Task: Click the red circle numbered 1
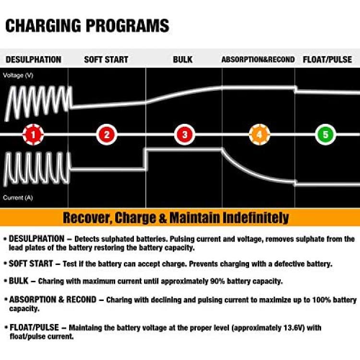[33, 135]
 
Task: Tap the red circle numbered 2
[107, 135]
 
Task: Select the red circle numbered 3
[184, 135]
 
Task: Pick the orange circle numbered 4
[259, 135]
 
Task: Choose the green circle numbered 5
[325, 135]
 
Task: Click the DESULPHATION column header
[33, 60]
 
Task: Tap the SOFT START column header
[106, 60]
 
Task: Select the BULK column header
[182, 60]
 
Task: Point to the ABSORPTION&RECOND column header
[258, 60]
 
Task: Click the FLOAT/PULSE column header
[328, 60]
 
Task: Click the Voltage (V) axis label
[18, 75]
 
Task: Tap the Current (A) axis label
[18, 197]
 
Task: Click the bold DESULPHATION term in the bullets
[36, 239]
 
